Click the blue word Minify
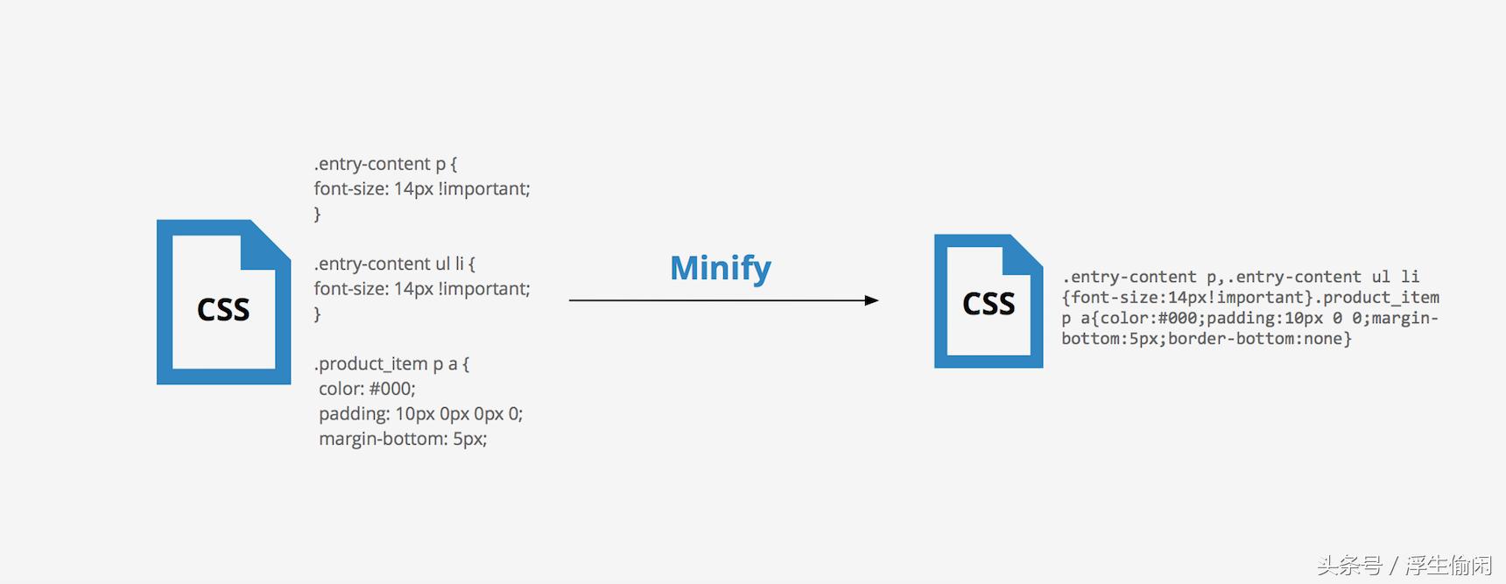(x=720, y=268)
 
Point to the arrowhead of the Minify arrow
(x=871, y=300)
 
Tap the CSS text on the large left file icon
(x=223, y=310)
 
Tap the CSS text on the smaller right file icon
(x=989, y=304)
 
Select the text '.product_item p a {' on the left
(x=391, y=363)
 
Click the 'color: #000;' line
(x=367, y=389)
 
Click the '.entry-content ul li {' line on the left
(x=394, y=264)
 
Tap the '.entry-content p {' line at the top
(x=385, y=164)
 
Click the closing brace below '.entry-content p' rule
(x=317, y=214)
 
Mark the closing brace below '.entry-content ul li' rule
(x=317, y=313)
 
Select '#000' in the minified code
(x=1177, y=318)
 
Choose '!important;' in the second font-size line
(x=484, y=289)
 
